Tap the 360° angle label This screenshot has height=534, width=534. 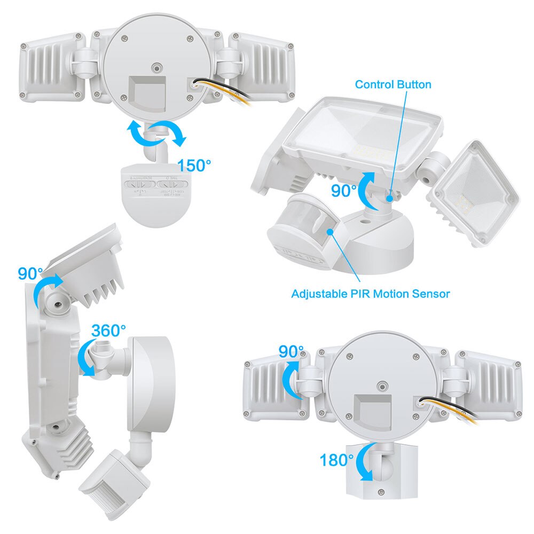pyautogui.click(x=108, y=331)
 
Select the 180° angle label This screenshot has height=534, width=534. pyautogui.click(x=336, y=459)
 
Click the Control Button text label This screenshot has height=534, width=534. pyautogui.click(x=393, y=84)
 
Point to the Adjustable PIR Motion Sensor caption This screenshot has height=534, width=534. pyautogui.click(x=371, y=293)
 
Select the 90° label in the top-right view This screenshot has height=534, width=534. pyautogui.click(x=343, y=191)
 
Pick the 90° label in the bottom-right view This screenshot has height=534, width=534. pyautogui.click(x=292, y=352)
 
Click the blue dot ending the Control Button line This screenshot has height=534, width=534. pyautogui.click(x=391, y=198)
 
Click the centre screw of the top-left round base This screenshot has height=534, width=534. pyautogui.click(x=156, y=68)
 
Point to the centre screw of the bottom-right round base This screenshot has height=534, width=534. pyautogui.click(x=381, y=386)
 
